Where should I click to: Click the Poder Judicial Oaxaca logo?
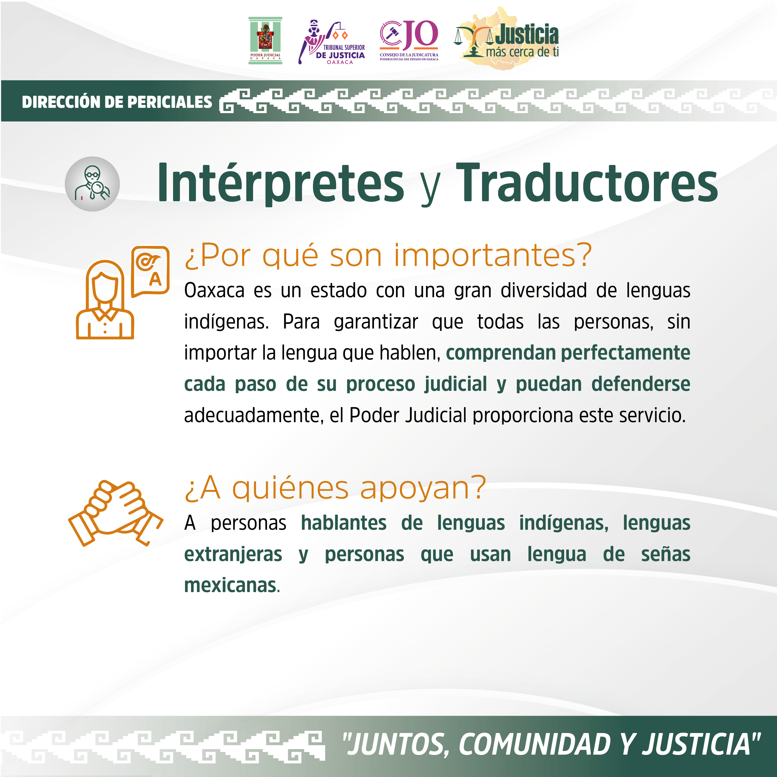(265, 40)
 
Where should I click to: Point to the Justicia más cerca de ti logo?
(507, 38)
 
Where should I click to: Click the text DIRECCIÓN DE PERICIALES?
(117, 102)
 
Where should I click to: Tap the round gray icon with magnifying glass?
(92, 184)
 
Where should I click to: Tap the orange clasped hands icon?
(116, 513)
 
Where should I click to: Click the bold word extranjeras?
(233, 554)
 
